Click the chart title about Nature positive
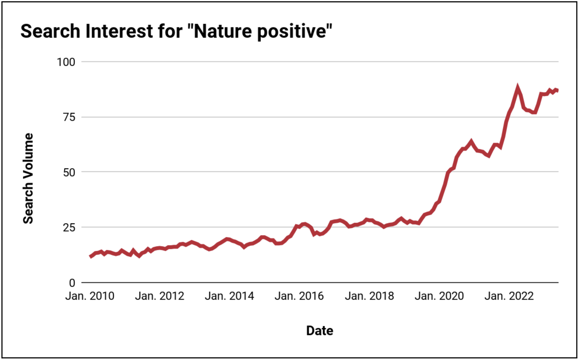click(176, 31)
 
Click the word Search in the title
click(50, 31)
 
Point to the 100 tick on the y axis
click(66, 62)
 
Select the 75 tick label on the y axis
click(69, 117)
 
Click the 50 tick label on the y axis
click(69, 172)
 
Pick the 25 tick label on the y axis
click(69, 228)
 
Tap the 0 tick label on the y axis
click(72, 283)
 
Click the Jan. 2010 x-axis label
click(90, 296)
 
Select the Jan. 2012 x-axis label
click(160, 296)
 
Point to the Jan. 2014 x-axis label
click(229, 296)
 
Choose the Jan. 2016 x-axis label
click(299, 296)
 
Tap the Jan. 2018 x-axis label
click(369, 296)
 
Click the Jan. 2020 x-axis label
click(439, 296)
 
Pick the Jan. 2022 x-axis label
click(509, 296)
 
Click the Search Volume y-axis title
click(28, 178)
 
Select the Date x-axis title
click(320, 331)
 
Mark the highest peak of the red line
click(518, 88)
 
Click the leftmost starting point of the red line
click(90, 256)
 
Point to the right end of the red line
click(558, 90)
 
